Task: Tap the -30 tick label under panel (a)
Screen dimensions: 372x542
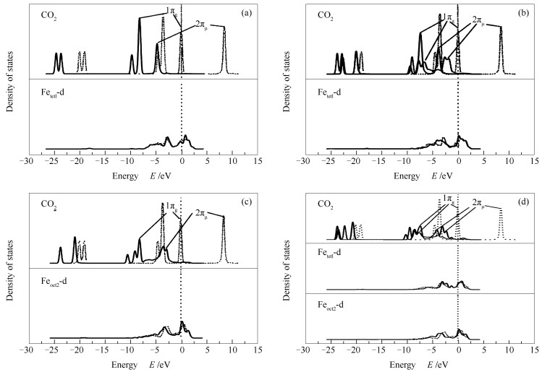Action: coord(27,163)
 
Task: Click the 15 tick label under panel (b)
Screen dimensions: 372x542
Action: coord(535,163)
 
